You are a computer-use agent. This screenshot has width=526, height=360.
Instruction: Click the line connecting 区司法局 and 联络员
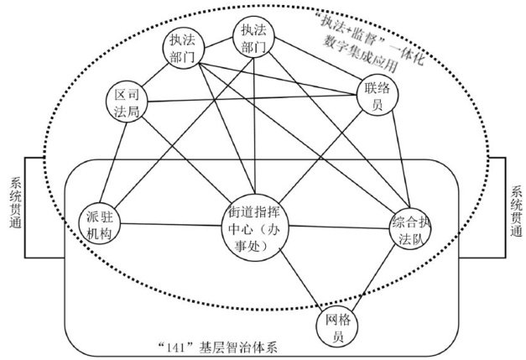[252, 99]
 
